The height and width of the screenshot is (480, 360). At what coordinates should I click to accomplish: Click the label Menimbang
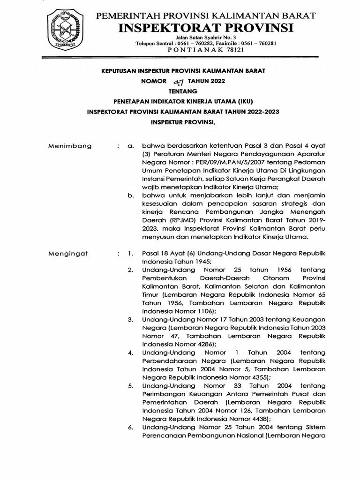70,146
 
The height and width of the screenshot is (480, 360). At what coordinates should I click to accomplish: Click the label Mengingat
68,254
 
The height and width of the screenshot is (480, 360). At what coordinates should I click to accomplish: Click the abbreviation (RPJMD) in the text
176,220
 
